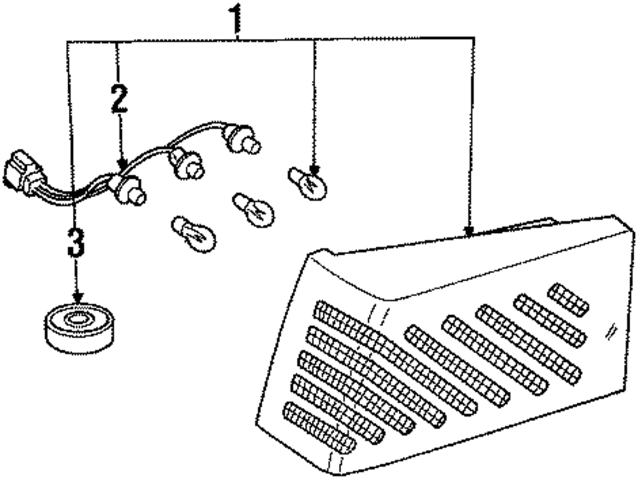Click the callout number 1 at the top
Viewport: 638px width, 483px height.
click(237, 19)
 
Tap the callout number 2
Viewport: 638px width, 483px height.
click(118, 98)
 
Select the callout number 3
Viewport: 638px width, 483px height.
click(75, 242)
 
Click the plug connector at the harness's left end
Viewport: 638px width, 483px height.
click(24, 172)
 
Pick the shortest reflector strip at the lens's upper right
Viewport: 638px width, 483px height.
click(568, 299)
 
